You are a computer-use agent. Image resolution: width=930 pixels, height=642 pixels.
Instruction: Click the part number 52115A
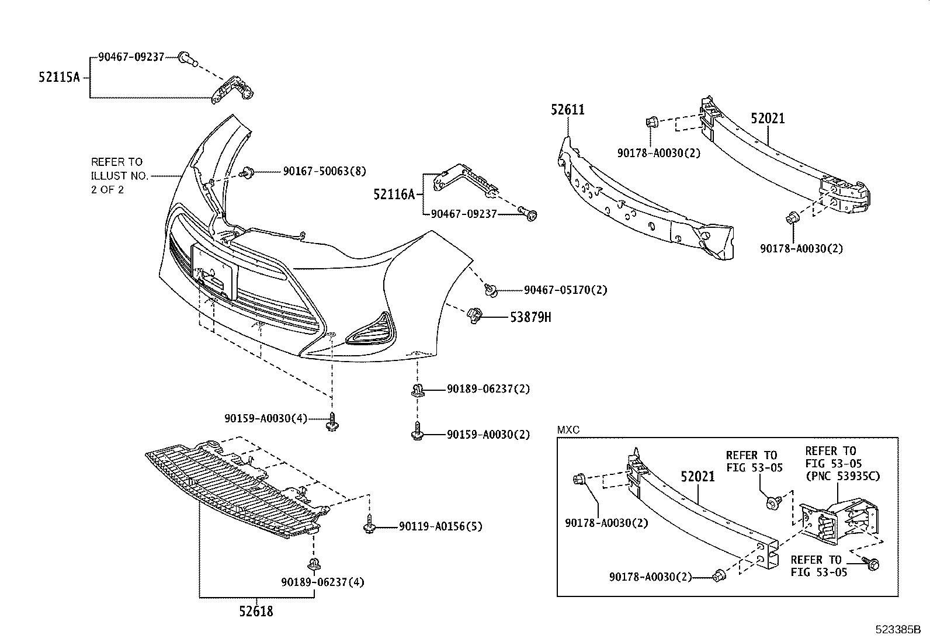pyautogui.click(x=59, y=77)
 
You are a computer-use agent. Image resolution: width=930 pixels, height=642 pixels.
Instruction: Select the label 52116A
pyautogui.click(x=394, y=194)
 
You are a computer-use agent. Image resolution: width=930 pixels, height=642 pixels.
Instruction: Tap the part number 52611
pyautogui.click(x=567, y=110)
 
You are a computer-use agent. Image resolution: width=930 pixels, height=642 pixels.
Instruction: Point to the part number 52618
pyautogui.click(x=256, y=612)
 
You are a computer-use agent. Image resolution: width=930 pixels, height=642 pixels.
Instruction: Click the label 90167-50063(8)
pyautogui.click(x=324, y=171)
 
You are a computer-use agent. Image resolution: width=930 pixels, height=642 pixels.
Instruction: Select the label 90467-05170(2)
pyautogui.click(x=565, y=290)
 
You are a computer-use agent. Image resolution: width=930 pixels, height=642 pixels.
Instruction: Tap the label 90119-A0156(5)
pyautogui.click(x=440, y=527)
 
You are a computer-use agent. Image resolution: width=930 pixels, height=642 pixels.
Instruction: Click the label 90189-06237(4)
pyautogui.click(x=322, y=582)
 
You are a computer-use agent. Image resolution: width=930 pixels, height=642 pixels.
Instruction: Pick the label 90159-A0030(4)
pyautogui.click(x=265, y=418)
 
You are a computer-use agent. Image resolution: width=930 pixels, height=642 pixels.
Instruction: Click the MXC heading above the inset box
pyautogui.click(x=568, y=431)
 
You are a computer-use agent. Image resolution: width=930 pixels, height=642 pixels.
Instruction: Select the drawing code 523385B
pyautogui.click(x=897, y=630)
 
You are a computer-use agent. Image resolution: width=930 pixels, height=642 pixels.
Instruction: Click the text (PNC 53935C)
pyautogui.click(x=842, y=476)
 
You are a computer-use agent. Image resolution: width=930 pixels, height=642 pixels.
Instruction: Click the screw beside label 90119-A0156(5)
pyautogui.click(x=369, y=526)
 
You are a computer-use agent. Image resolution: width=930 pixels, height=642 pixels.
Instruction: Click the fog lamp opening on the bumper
pyautogui.click(x=369, y=332)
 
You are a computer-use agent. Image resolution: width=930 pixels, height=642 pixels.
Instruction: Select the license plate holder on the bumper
pyautogui.click(x=214, y=272)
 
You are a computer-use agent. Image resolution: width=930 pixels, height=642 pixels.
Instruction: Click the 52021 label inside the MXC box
pyautogui.click(x=697, y=477)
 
